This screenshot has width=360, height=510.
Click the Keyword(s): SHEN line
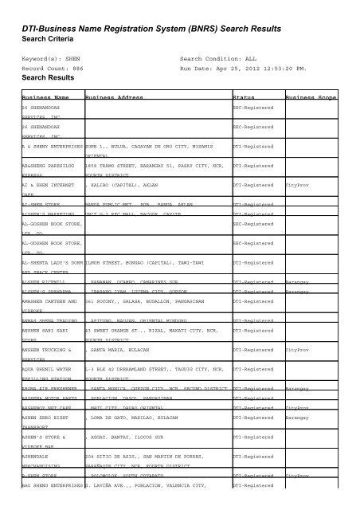[x=56, y=59]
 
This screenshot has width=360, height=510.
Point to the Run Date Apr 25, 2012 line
[x=244, y=69]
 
